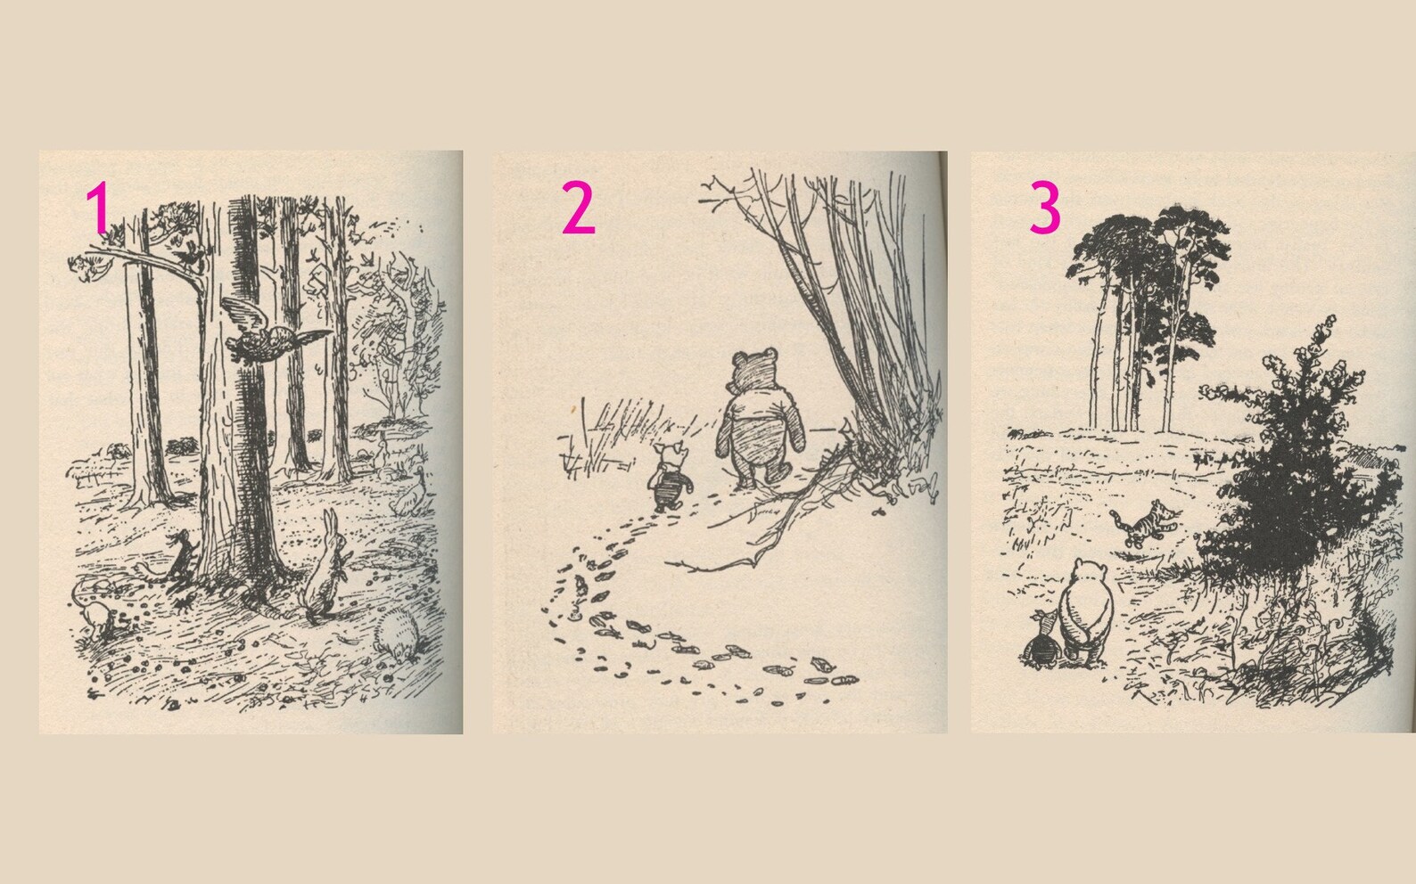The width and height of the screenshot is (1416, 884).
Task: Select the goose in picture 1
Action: [x=407, y=495]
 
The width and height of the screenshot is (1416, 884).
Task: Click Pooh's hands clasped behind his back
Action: [x=1089, y=633]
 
